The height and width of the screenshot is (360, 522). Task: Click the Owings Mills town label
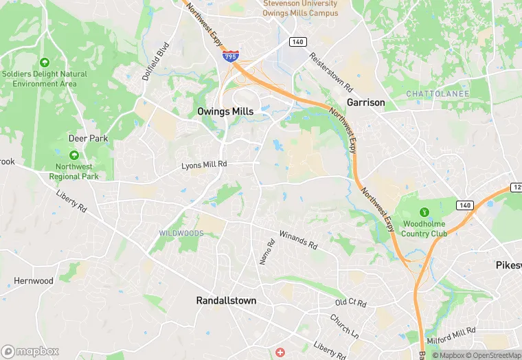(x=225, y=111)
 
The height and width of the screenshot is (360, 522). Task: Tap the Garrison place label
(x=365, y=102)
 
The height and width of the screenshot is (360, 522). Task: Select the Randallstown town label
(x=226, y=301)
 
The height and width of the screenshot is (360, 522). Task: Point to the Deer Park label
(x=89, y=138)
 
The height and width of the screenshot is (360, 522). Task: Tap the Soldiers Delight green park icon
(x=45, y=63)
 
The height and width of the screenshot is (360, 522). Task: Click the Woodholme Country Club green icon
(x=424, y=211)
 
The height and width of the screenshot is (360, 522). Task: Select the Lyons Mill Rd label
(x=203, y=164)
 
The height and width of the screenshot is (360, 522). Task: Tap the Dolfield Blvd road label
(x=155, y=63)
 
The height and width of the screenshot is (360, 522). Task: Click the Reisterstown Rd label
(x=330, y=74)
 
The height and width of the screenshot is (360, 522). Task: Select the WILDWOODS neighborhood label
(x=181, y=234)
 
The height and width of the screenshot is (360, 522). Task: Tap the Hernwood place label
(x=34, y=281)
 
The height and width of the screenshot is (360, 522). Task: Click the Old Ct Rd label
(x=350, y=303)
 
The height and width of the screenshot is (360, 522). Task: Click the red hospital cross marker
(x=280, y=352)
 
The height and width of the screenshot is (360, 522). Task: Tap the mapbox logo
(x=30, y=351)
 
